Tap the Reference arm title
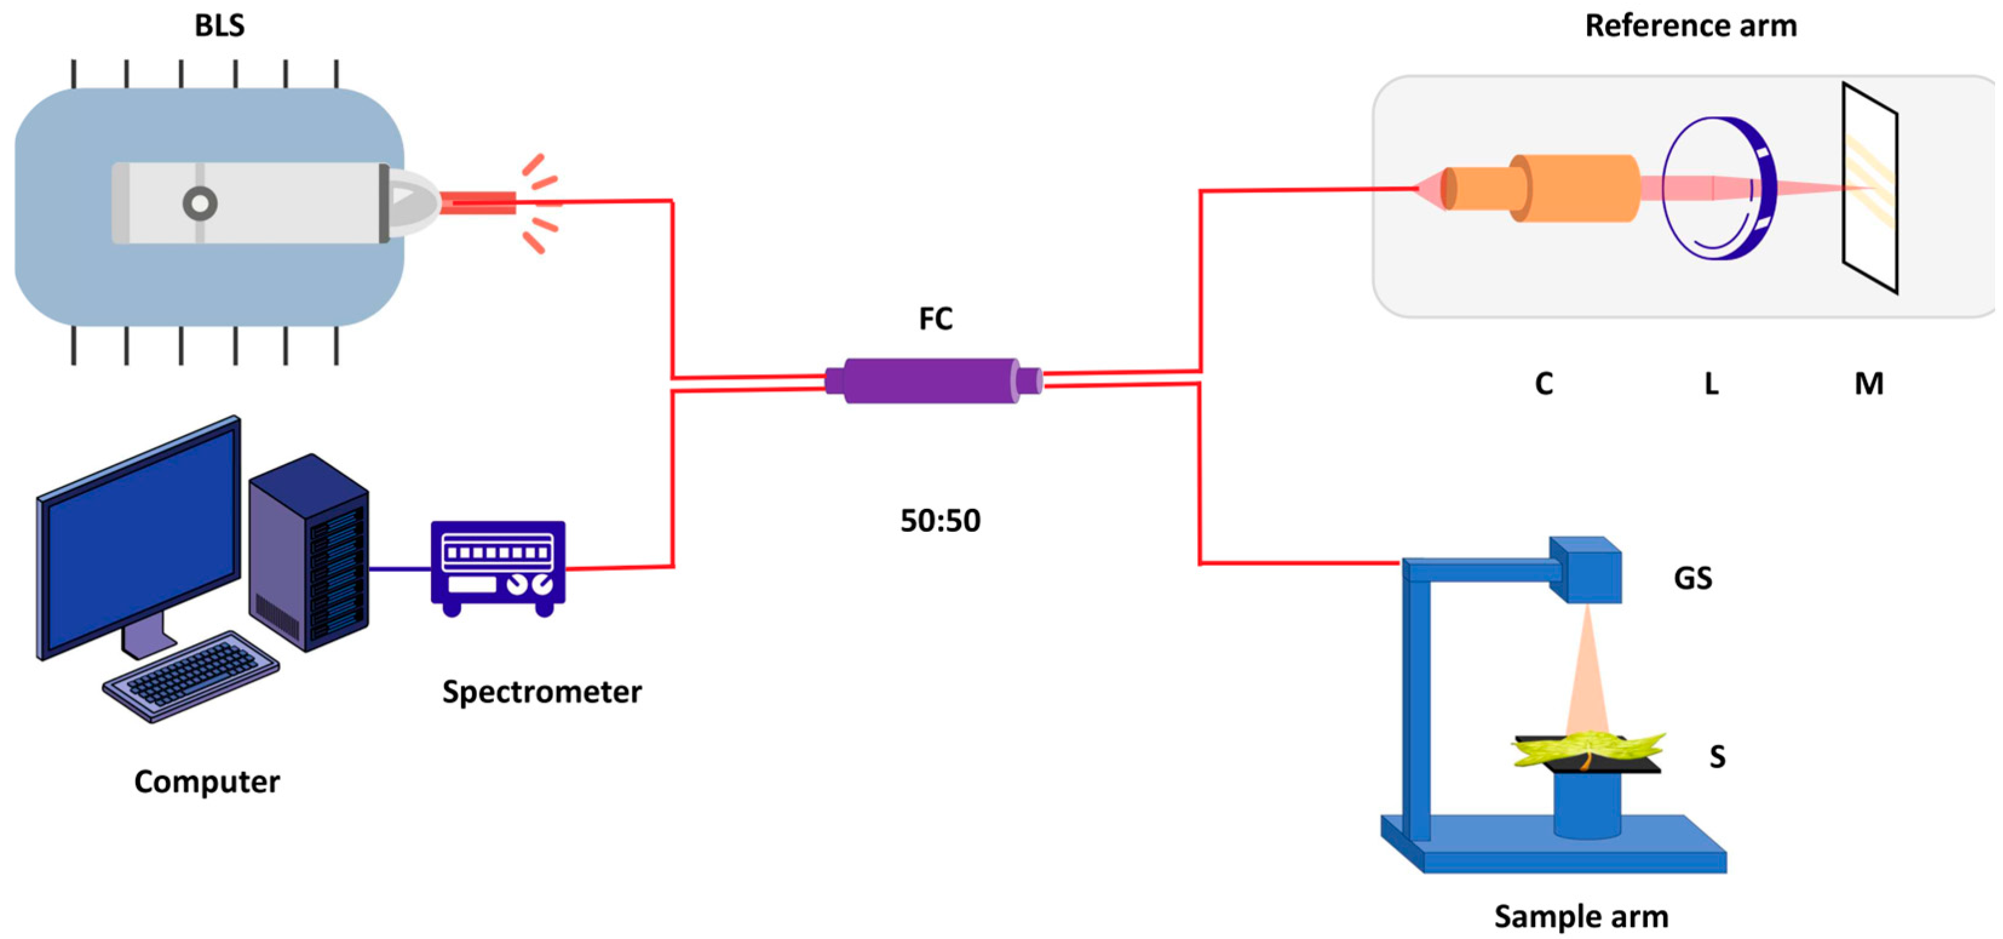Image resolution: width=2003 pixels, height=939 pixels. click(x=1691, y=25)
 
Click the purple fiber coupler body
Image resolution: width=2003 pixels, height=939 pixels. click(x=932, y=381)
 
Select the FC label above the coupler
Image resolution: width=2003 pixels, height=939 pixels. click(x=935, y=319)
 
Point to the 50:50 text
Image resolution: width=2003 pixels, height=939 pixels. click(x=940, y=521)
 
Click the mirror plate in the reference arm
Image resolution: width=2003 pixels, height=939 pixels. click(x=1869, y=188)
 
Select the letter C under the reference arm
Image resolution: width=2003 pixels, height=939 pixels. click(x=1544, y=384)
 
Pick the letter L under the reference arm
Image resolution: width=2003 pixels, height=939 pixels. click(x=1711, y=384)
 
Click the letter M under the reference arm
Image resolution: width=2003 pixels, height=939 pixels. click(x=1869, y=384)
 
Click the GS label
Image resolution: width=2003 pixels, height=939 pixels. click(x=1692, y=578)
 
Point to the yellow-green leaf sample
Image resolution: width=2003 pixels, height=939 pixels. click(x=1586, y=750)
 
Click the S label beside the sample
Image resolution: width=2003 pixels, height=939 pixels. click(x=1717, y=756)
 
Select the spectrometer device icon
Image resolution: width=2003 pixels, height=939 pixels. click(x=498, y=566)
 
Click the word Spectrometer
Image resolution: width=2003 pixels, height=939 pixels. click(x=542, y=692)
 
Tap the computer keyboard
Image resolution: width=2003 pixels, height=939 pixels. click(x=191, y=676)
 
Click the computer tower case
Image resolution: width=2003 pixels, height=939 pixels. click(x=309, y=552)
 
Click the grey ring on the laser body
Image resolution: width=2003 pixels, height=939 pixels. click(x=200, y=204)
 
